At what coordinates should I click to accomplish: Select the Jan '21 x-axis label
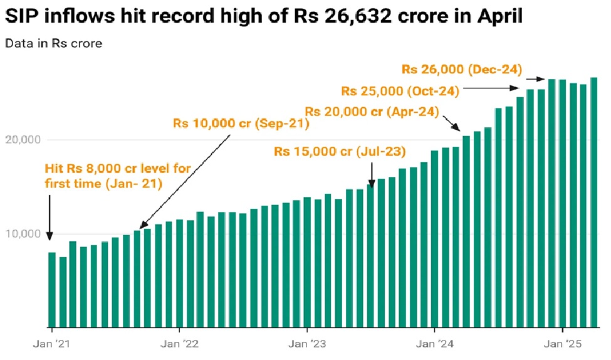52,344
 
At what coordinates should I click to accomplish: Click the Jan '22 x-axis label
180,344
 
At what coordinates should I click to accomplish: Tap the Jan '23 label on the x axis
307,344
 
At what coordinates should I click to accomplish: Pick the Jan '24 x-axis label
435,344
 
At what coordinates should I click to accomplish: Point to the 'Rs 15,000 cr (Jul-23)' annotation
340,152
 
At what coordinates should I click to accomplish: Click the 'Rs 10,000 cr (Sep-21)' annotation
242,124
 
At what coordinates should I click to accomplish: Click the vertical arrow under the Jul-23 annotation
372,174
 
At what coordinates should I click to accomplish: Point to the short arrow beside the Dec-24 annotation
535,79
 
